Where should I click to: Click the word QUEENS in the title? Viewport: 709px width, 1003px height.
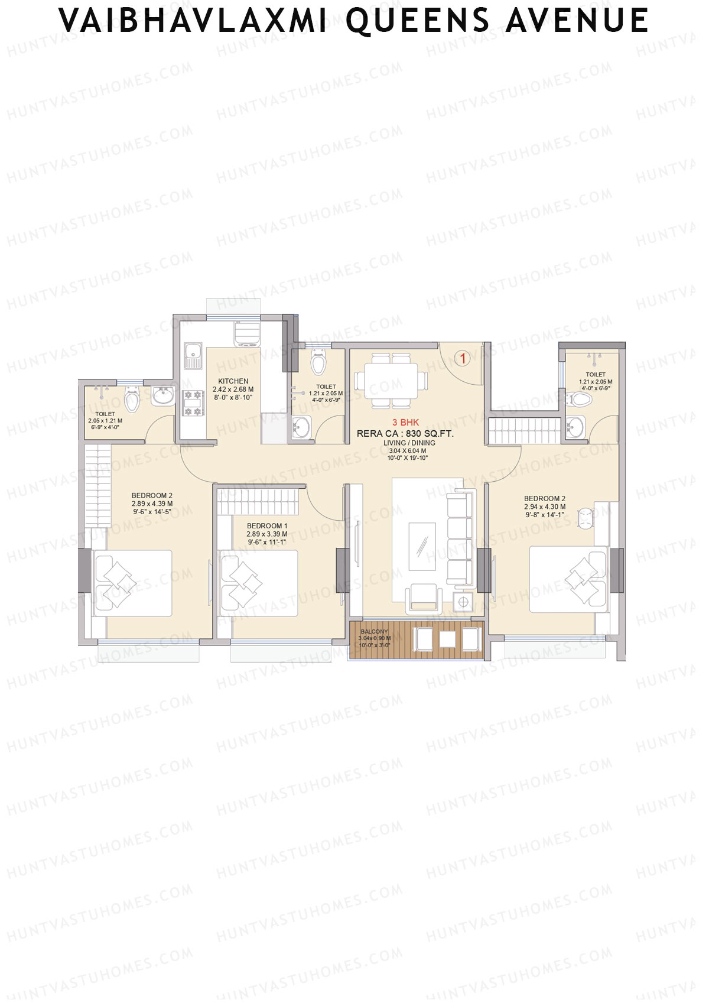[x=417, y=21]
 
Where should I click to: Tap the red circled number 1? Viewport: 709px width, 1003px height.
[x=463, y=358]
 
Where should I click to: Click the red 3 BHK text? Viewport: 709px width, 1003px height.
[x=405, y=423]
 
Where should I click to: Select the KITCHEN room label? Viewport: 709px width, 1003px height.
[x=233, y=381]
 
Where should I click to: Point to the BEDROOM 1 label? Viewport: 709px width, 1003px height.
[x=267, y=526]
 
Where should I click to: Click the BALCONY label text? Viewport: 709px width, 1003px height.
[x=375, y=632]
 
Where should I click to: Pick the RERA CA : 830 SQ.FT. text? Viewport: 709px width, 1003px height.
[x=405, y=434]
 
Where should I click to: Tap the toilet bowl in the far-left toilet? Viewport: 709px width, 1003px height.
[x=132, y=400]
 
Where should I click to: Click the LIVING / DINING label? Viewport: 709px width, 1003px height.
[x=409, y=443]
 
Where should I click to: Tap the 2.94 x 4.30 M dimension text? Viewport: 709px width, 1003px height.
[x=544, y=507]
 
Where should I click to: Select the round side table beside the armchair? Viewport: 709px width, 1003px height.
[x=463, y=602]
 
